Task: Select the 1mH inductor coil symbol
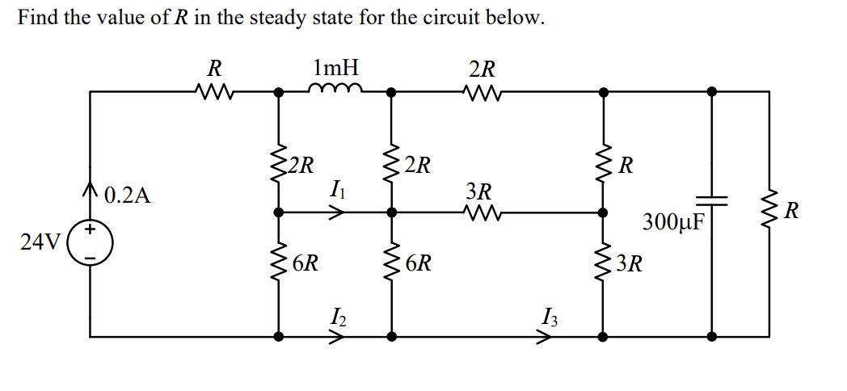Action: [x=335, y=89]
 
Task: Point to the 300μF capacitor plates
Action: [x=711, y=199]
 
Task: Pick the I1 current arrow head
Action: [x=340, y=212]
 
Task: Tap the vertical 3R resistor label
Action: [x=630, y=264]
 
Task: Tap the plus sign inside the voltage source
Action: [x=91, y=230]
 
